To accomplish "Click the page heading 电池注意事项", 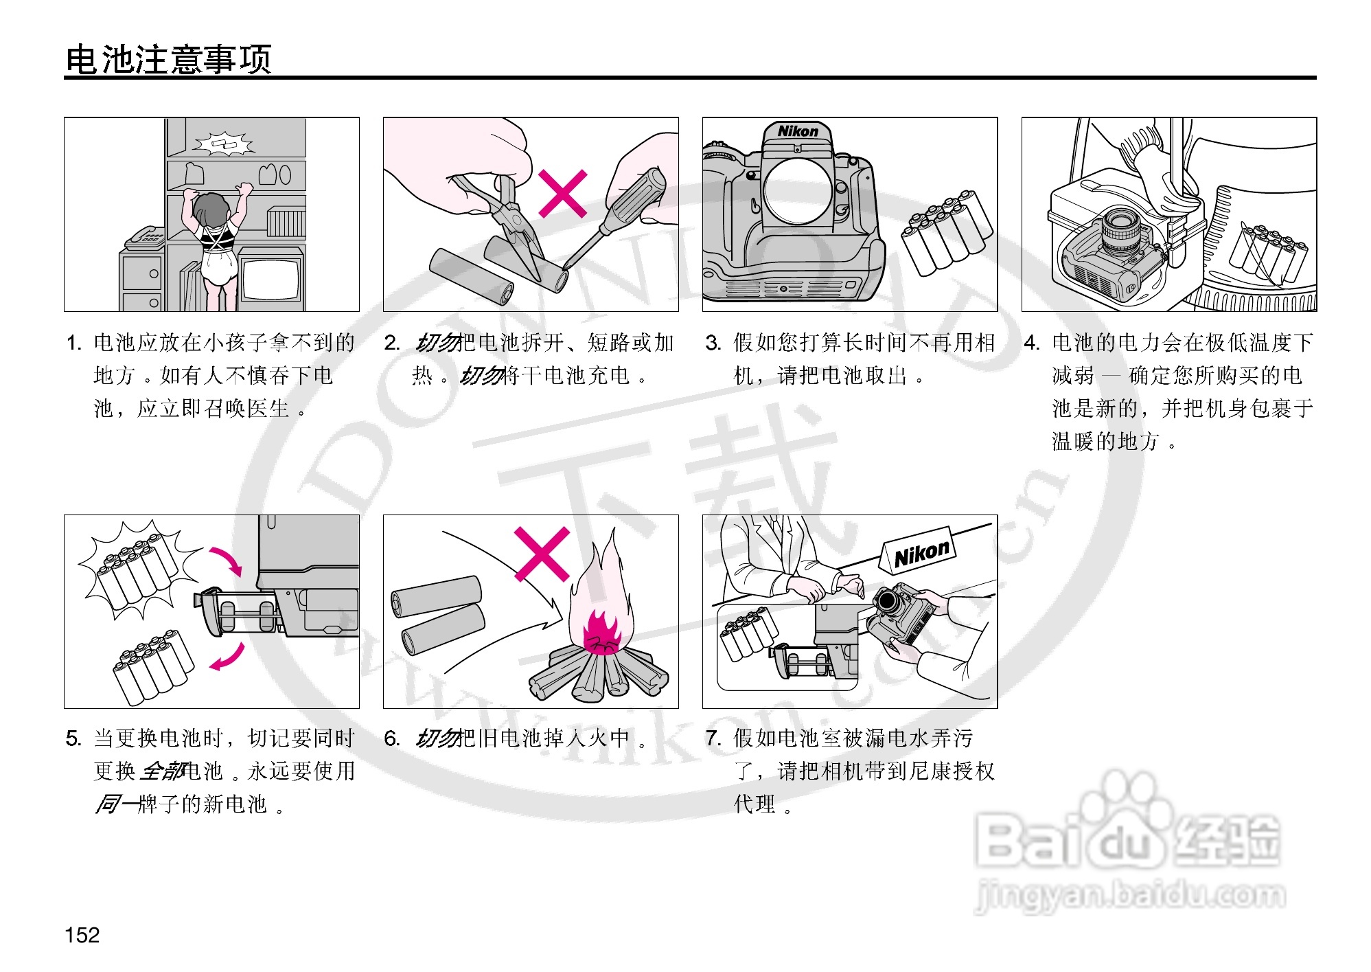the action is (168, 59).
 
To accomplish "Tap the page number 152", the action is (82, 934).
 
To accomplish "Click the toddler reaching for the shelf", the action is (214, 240).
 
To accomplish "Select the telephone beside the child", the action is (144, 238).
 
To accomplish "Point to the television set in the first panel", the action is (271, 278).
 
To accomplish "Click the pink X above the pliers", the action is (563, 194).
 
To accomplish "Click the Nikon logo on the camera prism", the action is (798, 131).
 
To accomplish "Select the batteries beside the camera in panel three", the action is (947, 233).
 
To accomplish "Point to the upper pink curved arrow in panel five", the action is (228, 560).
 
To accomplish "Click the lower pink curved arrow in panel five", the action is (228, 657).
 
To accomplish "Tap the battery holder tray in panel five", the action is (237, 612).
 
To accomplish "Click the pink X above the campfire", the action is (542, 554).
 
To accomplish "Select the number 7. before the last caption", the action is (713, 738).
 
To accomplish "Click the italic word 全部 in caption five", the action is (162, 771).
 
